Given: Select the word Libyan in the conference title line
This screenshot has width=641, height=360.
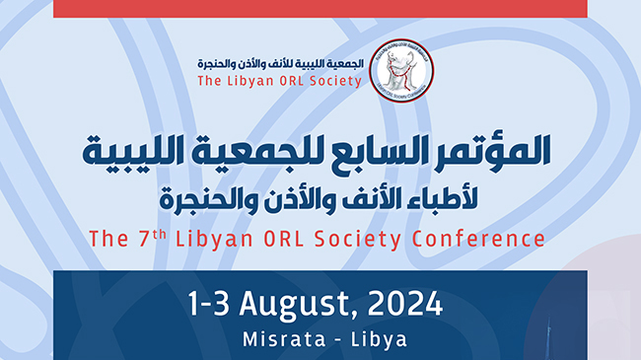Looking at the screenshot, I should click(203, 239).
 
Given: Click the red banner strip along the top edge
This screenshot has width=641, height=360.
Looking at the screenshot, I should click(320, 8).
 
